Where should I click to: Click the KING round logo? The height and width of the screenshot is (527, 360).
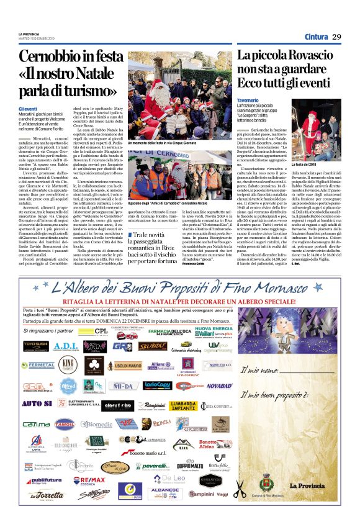[x=69, y=364]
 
